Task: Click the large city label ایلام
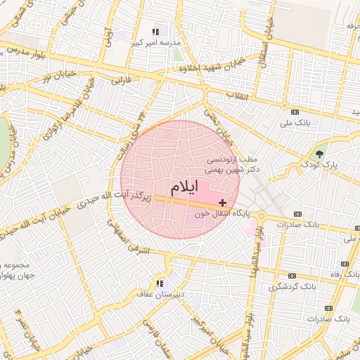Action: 184,188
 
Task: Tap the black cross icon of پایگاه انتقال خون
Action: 224,202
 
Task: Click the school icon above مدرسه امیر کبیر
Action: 156,32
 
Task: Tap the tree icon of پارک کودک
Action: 320,154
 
